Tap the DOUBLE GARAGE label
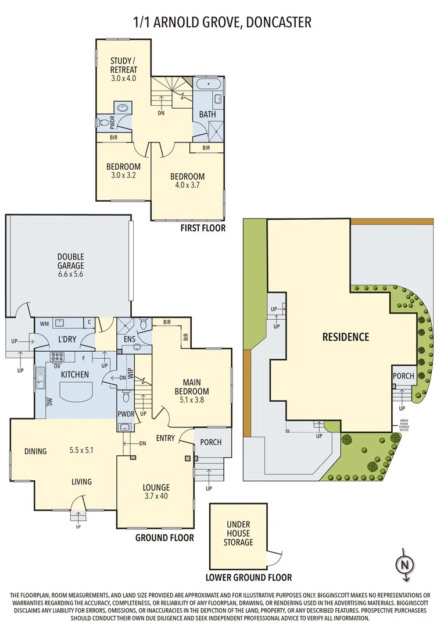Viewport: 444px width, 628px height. click(70, 261)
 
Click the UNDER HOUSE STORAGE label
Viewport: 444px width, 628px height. click(239, 533)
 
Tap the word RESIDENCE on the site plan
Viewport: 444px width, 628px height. click(346, 337)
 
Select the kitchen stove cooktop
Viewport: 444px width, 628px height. click(58, 358)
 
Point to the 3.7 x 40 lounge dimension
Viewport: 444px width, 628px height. click(157, 497)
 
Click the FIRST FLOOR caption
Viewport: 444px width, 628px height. click(203, 229)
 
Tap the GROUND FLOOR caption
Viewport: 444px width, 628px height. click(164, 538)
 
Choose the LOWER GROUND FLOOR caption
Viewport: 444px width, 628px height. click(249, 577)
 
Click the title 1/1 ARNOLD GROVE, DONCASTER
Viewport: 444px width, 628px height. click(222, 22)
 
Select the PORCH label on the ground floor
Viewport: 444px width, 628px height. click(210, 442)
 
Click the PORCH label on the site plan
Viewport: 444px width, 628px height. click(403, 376)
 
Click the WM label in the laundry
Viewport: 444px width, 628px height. click(44, 323)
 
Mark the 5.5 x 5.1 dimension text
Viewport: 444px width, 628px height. click(81, 449)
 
